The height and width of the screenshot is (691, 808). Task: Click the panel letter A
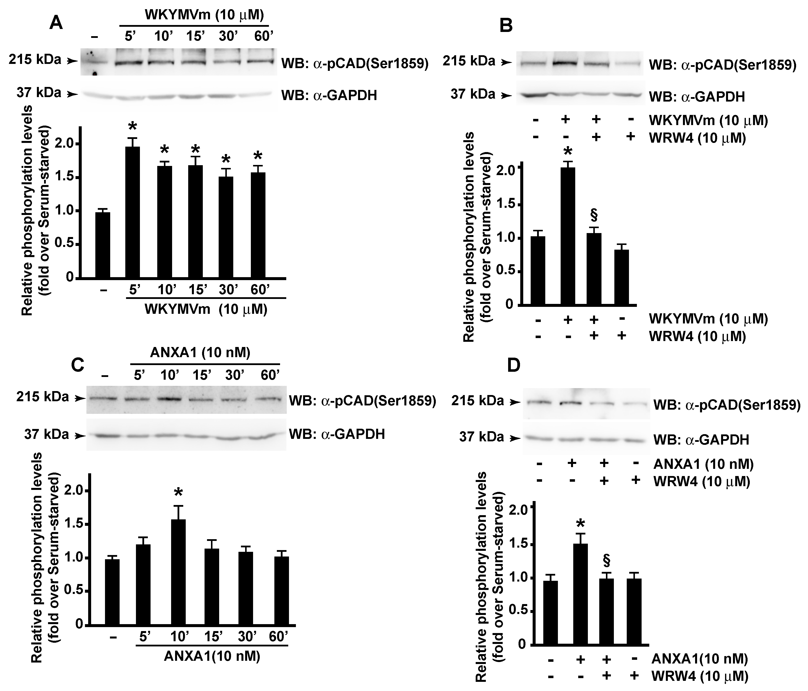(56, 23)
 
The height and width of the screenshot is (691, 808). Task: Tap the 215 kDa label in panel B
(469, 61)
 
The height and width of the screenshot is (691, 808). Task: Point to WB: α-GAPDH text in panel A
(329, 96)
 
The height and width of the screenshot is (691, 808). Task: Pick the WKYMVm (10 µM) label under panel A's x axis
(206, 309)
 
